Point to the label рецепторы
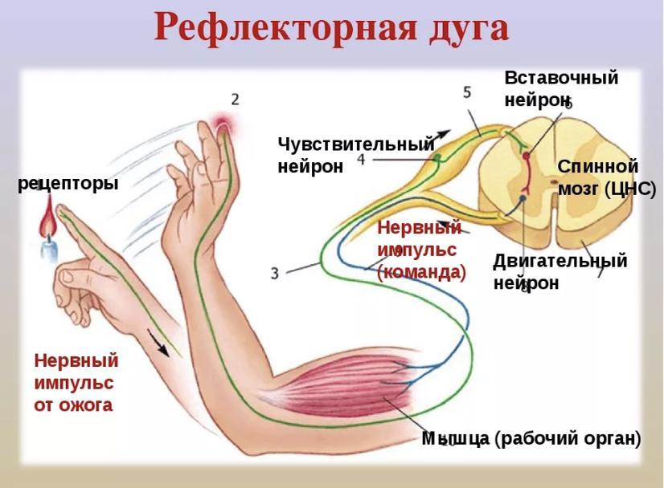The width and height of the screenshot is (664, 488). pyautogui.click(x=68, y=184)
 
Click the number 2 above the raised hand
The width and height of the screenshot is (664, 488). pyautogui.click(x=235, y=100)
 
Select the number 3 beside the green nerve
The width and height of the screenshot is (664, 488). pyautogui.click(x=275, y=273)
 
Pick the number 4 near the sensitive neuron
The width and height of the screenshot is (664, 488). pyautogui.click(x=361, y=160)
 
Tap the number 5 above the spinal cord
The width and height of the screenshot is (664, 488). pyautogui.click(x=467, y=92)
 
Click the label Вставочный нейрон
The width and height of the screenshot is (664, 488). pyautogui.click(x=561, y=88)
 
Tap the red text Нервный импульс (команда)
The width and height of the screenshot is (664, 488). pyautogui.click(x=421, y=250)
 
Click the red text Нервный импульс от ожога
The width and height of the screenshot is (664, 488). pyautogui.click(x=76, y=382)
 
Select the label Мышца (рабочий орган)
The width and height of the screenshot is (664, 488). pyautogui.click(x=531, y=439)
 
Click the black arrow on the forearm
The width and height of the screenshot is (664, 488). pyautogui.click(x=158, y=341)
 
